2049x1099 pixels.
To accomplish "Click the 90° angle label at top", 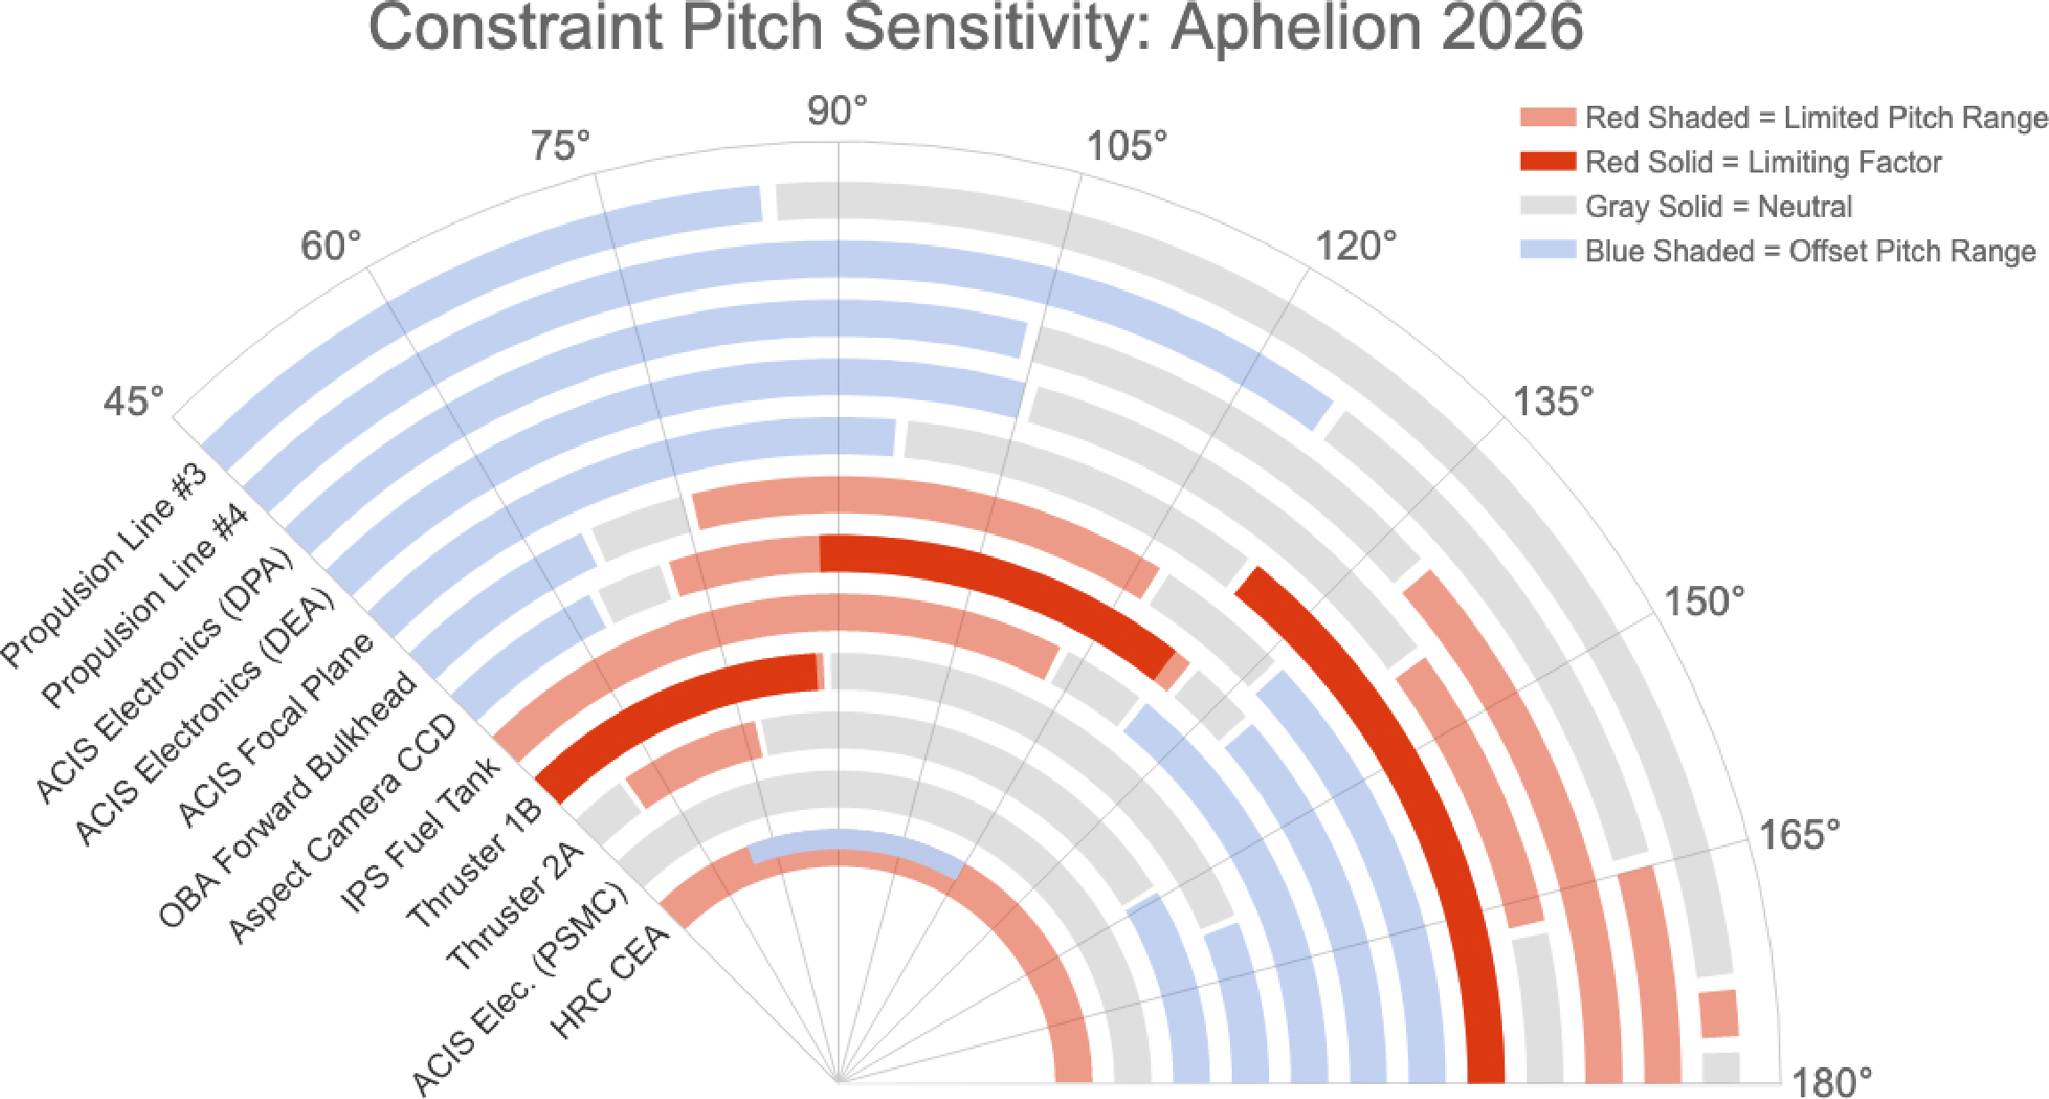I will (x=836, y=112).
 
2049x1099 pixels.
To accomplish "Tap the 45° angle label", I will (x=133, y=402).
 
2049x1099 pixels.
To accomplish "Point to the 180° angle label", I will (x=1831, y=1082).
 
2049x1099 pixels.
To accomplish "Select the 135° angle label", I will (x=1553, y=402).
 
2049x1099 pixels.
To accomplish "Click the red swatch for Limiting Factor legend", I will (x=1547, y=162).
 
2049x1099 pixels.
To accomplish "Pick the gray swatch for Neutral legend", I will (x=1547, y=206).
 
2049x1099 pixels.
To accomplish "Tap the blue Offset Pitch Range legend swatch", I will (x=1547, y=251).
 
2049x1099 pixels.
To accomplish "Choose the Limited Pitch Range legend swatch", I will (x=1547, y=117).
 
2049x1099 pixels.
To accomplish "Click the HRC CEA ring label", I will (x=611, y=982).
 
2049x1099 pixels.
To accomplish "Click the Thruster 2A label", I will (x=515, y=907).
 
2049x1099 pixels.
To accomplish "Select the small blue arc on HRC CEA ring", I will (x=854, y=840).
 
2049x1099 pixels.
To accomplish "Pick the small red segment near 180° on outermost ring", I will (x=1718, y=1014).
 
